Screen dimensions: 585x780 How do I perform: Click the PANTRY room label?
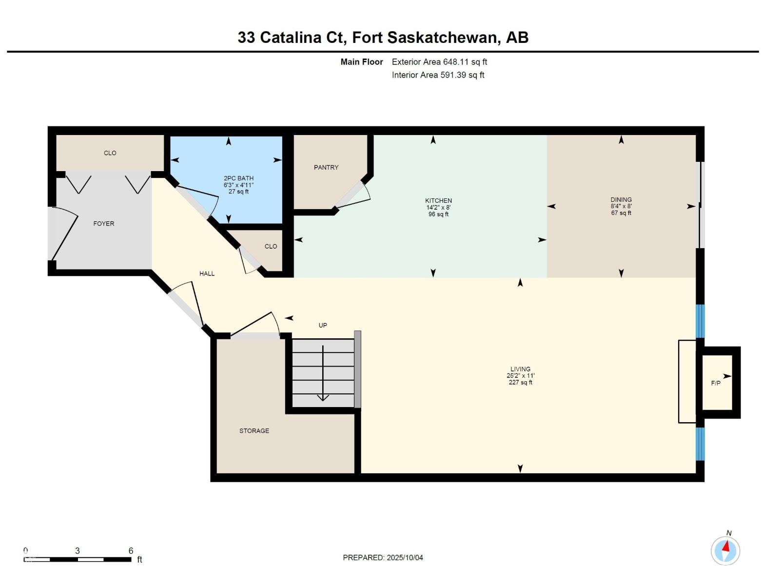click(326, 167)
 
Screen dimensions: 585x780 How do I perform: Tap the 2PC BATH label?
click(238, 178)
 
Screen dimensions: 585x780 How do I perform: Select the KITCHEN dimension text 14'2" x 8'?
click(438, 208)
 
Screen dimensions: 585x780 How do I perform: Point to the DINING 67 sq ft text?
click(621, 213)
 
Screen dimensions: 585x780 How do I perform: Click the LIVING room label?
click(520, 369)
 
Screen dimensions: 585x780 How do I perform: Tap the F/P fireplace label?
click(716, 383)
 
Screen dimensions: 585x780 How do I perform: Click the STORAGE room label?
click(254, 430)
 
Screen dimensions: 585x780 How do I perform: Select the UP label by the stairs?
click(323, 325)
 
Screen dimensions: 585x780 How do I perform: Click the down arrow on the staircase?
click(323, 397)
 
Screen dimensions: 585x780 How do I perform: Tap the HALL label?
click(207, 273)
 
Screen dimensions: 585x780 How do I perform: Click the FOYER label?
click(104, 224)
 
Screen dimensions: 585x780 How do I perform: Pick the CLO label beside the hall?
click(271, 246)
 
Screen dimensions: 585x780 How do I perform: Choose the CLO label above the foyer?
click(110, 153)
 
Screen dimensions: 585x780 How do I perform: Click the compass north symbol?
click(725, 550)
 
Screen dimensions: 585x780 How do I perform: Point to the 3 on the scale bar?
click(78, 550)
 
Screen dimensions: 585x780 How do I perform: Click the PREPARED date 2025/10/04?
click(404, 558)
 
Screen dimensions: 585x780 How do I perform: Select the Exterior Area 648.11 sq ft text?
click(439, 62)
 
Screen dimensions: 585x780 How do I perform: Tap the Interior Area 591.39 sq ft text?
click(438, 75)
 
